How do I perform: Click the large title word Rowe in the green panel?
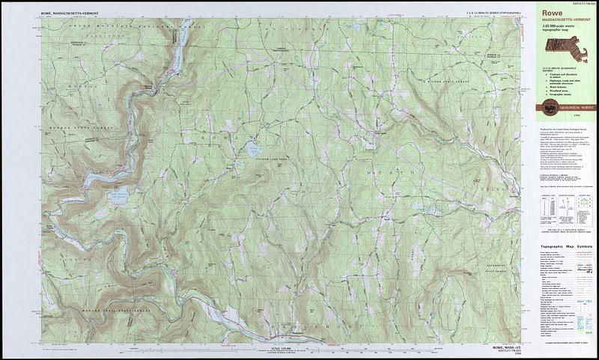[x=553, y=13]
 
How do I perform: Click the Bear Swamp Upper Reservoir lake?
[x=118, y=197]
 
